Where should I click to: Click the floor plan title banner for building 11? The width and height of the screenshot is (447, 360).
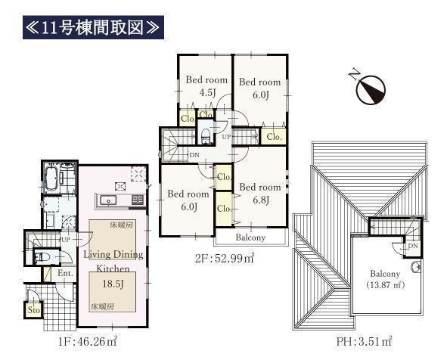93,27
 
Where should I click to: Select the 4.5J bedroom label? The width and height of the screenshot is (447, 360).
206,85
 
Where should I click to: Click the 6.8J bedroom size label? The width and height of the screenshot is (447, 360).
261,200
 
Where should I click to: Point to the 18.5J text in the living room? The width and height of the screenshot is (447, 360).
113,284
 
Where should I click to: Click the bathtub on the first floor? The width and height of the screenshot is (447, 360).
52,178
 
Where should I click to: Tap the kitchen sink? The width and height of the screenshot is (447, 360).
108,200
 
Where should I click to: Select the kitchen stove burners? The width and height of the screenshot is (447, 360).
138,200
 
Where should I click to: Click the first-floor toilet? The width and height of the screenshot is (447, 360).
42,257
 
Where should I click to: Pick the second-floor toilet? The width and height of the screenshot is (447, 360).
205,135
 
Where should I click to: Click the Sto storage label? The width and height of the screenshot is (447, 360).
33,309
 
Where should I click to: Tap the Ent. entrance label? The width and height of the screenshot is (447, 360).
65,273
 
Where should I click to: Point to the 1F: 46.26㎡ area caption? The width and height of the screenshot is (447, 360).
88,341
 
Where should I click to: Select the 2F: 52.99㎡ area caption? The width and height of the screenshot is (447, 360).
225,258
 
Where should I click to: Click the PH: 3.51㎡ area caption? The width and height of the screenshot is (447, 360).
364,341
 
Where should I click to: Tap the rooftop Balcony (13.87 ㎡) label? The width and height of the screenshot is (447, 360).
385,279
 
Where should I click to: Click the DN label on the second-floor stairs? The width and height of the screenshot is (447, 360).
194,155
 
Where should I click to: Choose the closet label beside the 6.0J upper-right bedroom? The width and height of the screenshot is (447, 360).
275,137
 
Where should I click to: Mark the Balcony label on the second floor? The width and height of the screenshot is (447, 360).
250,237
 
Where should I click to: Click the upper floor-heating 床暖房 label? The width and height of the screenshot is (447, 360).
122,225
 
